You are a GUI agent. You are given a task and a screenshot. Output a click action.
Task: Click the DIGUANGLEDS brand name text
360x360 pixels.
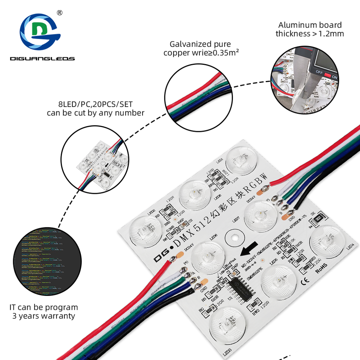pyautogui.click(x=42, y=58)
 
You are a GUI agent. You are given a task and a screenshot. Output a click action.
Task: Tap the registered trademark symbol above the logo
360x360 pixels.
pyautogui.click(x=59, y=13)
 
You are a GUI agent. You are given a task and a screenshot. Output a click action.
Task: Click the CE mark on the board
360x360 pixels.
pyautogui.click(x=306, y=279)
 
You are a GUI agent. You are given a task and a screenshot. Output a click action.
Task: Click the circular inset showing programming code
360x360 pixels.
pyautogui.click(x=47, y=261)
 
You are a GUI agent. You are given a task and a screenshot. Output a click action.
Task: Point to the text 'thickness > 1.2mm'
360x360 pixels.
pyautogui.click(x=310, y=34)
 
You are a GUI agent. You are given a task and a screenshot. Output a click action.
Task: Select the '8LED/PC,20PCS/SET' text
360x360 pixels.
pyautogui.click(x=96, y=104)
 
